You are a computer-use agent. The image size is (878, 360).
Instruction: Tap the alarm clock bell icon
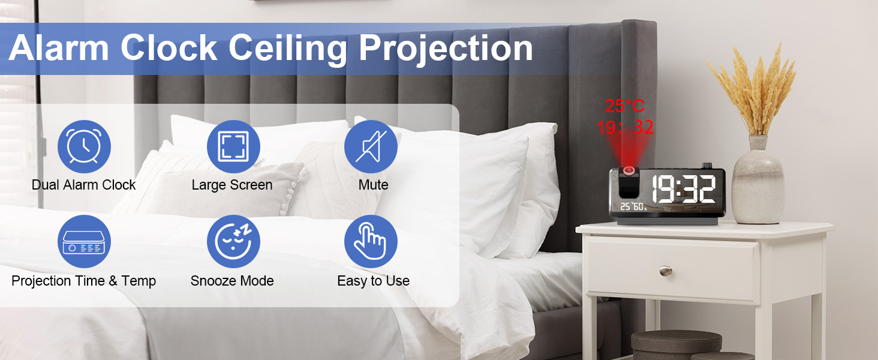(83, 146)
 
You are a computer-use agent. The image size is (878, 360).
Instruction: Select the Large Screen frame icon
(233, 146)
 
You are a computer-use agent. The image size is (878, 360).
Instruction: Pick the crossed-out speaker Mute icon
(371, 146)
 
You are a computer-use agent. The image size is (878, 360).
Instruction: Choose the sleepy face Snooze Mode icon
(233, 241)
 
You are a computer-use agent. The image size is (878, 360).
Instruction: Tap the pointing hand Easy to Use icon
(371, 241)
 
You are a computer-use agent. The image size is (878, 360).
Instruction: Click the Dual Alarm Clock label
(83, 185)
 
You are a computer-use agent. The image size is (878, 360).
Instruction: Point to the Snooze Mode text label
(232, 281)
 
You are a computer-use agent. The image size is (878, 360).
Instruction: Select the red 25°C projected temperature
(624, 107)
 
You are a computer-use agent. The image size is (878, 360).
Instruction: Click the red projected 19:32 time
(625, 127)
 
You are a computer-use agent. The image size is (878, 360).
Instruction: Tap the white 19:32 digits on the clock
(683, 189)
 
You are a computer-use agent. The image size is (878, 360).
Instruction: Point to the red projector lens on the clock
(630, 172)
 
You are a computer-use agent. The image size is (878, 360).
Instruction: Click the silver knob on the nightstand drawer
(665, 271)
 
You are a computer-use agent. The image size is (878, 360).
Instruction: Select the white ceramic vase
(758, 183)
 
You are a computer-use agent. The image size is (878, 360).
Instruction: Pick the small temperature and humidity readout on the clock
(633, 207)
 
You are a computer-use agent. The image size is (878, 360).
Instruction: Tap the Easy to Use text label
(373, 281)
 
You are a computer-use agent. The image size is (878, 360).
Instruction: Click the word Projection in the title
(446, 48)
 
